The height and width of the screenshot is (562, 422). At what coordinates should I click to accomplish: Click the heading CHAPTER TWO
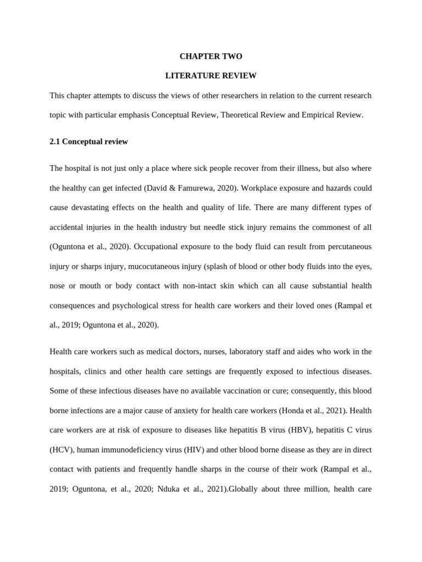point(211,57)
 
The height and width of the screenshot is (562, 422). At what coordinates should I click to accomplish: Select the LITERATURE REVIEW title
point(211,76)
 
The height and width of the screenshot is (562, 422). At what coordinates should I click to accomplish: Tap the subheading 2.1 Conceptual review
point(88,142)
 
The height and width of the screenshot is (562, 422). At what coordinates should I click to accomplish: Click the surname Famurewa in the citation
point(198,188)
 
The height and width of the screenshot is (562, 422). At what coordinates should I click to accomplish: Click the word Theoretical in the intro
point(241,115)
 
